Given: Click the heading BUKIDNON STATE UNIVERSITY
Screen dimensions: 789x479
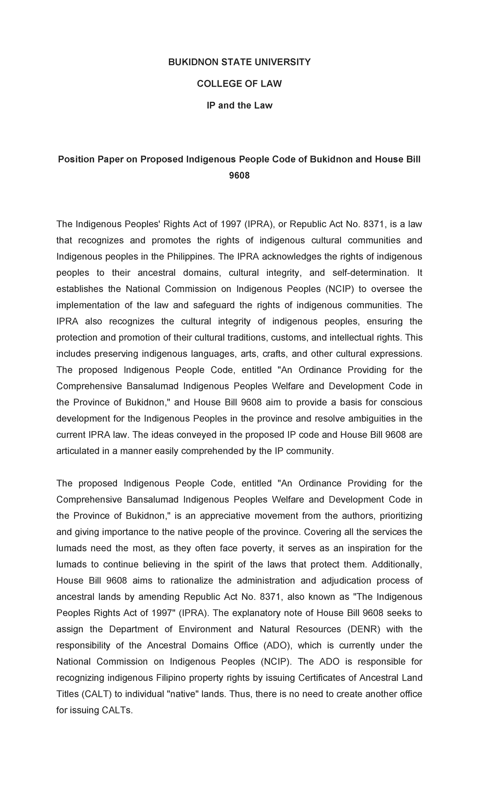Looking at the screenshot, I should [x=239, y=62].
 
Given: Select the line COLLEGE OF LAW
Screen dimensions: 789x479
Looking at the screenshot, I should [x=239, y=84].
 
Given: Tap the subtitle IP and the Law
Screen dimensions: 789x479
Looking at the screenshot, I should [x=239, y=105].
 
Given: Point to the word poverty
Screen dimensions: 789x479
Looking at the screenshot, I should [x=256, y=548].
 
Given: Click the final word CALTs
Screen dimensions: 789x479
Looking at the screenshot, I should [x=115, y=710].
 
